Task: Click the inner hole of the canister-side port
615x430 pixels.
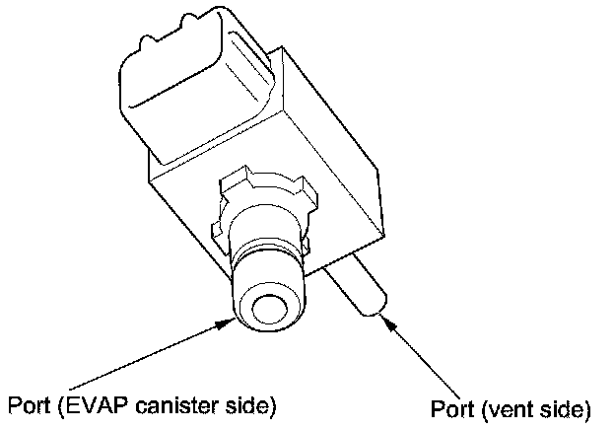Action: tap(268, 311)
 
